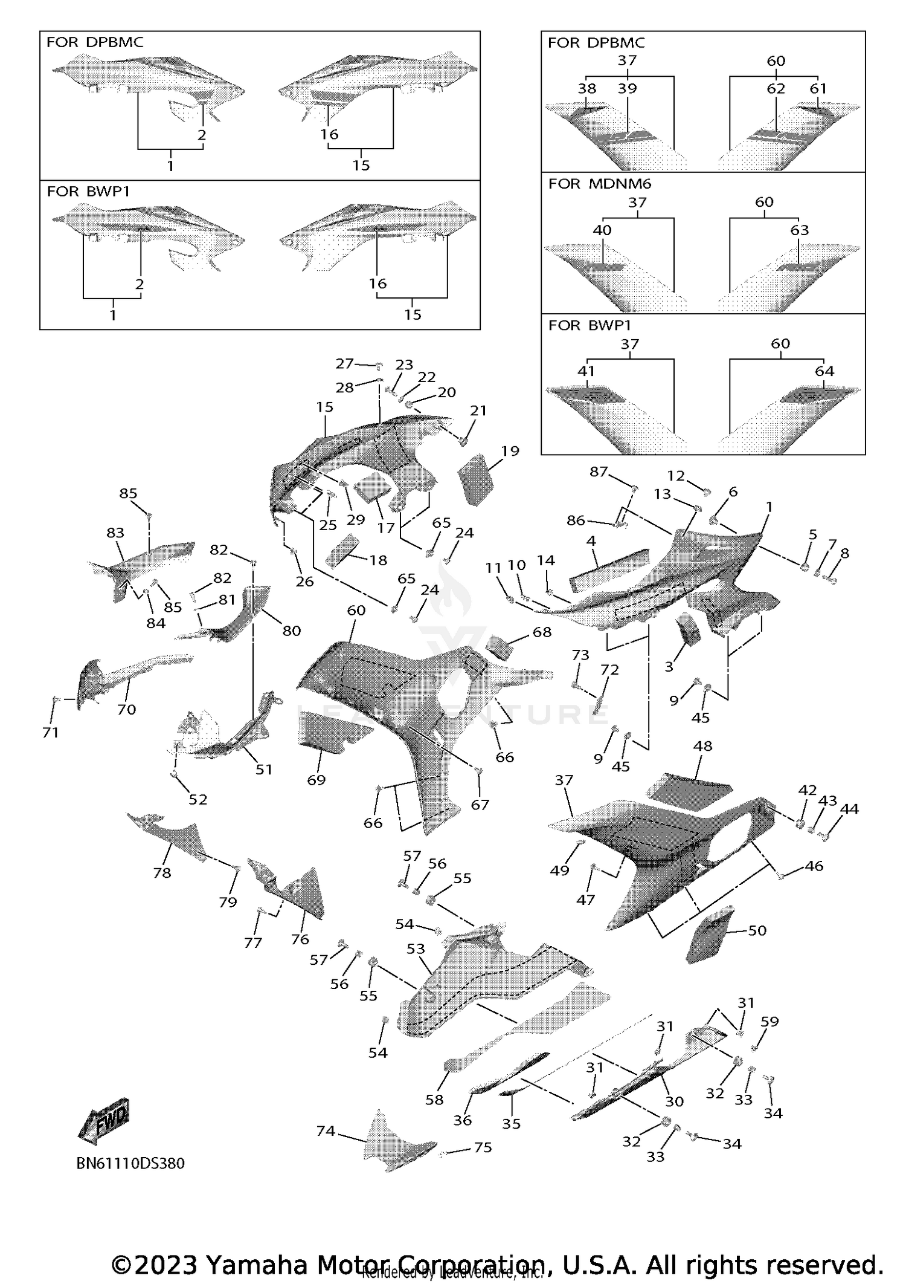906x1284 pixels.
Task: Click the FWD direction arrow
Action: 104,1120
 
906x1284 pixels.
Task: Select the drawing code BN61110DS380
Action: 130,1162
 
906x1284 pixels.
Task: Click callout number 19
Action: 510,450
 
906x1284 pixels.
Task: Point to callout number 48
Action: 702,746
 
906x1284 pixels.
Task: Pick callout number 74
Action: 326,1130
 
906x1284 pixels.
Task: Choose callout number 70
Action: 126,709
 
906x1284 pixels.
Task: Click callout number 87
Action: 599,472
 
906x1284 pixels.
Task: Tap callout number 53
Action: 416,949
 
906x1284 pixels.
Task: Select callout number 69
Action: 316,780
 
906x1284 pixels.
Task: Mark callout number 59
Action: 769,1021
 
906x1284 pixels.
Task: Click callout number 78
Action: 162,872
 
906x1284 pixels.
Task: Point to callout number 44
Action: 849,808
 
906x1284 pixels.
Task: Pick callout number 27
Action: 344,363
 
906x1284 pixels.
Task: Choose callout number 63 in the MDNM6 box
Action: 799,230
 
